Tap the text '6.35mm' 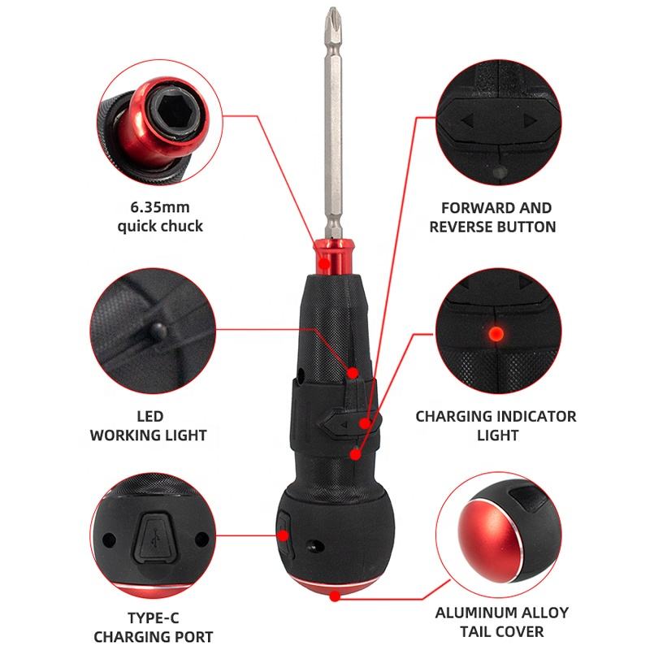[x=160, y=207]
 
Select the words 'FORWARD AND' [x=496, y=208]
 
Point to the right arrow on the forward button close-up [x=531, y=120]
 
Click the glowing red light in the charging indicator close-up [x=496, y=333]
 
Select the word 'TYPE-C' [x=153, y=617]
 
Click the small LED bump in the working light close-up [x=158, y=331]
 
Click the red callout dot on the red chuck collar [x=324, y=262]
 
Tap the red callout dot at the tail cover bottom [x=335, y=596]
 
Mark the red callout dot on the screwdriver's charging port [x=284, y=535]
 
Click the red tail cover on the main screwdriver [x=335, y=585]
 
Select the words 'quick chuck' [x=160, y=226]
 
